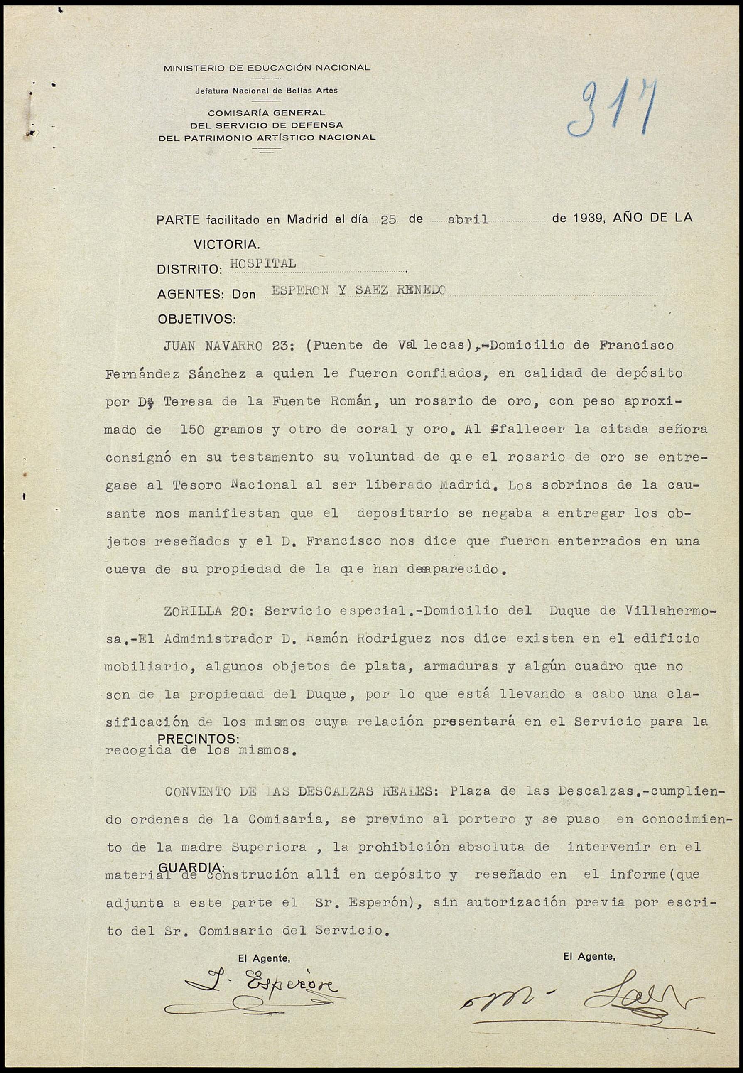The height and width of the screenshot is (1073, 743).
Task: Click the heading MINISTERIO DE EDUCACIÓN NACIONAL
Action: coord(267,68)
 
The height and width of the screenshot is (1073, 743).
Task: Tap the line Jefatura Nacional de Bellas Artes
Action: coord(266,91)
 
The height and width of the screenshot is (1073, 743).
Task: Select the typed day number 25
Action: coord(388,220)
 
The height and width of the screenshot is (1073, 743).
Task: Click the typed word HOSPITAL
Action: coord(263,263)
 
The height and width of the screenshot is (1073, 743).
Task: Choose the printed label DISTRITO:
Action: coord(189,270)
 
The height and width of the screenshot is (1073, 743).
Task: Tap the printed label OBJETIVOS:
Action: coord(196,319)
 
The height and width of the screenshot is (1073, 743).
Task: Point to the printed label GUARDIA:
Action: coord(192,867)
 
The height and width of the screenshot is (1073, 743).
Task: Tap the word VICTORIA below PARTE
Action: coord(227,244)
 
